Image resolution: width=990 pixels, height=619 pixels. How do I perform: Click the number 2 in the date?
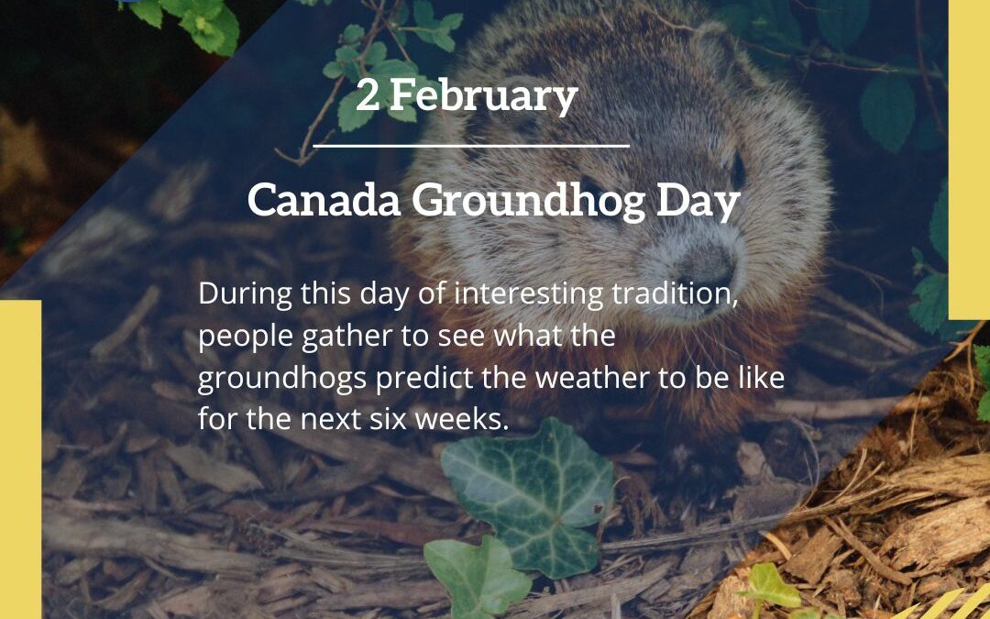click(367, 96)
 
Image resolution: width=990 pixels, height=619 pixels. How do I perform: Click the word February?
click(483, 96)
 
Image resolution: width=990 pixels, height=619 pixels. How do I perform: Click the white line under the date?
click(471, 145)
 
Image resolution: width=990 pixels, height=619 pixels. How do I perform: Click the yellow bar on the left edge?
click(20, 459)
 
